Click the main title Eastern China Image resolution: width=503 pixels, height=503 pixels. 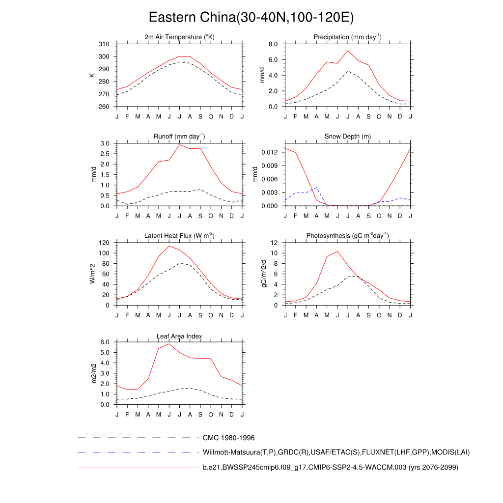(251, 18)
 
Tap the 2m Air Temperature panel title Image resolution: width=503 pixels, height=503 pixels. (179, 37)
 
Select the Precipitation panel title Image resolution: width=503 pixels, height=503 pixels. (348, 37)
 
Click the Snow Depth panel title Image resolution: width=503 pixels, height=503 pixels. (348, 136)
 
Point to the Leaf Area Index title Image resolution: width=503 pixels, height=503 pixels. (179, 336)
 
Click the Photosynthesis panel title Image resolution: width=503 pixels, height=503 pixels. (348, 236)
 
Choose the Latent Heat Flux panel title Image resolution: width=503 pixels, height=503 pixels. (179, 236)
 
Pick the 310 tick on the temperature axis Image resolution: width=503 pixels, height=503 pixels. (104, 44)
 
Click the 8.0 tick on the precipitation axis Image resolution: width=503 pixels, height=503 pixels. (274, 44)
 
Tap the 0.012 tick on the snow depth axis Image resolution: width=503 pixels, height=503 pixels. (271, 153)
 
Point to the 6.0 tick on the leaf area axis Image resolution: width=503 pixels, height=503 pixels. (105, 342)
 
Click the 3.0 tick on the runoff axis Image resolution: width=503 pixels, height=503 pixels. (105, 143)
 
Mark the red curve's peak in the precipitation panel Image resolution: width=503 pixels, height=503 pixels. (348, 51)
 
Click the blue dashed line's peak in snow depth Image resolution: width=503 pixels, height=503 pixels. (317, 188)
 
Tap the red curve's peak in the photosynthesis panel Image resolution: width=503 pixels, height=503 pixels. (337, 251)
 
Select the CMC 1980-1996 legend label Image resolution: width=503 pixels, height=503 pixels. (228, 438)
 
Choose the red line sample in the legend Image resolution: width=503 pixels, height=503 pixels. (138, 468)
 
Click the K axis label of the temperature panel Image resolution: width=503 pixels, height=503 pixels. (92, 75)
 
